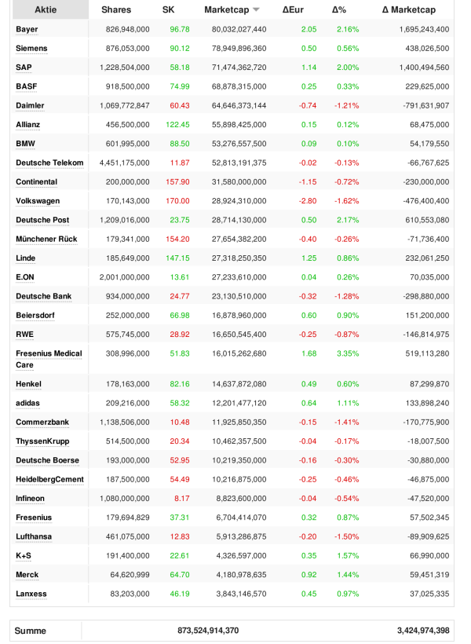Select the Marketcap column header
(x=226, y=10)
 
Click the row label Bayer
(x=27, y=29)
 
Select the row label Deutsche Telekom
(x=49, y=163)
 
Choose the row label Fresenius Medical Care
(x=49, y=359)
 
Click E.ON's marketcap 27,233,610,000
(x=235, y=277)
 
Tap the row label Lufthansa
(x=35, y=536)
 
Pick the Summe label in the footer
(x=31, y=631)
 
